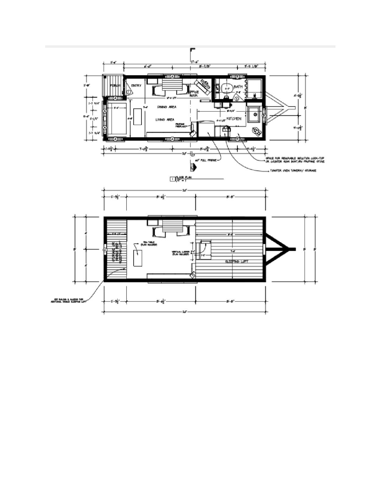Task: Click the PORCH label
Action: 115,86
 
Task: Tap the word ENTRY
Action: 136,85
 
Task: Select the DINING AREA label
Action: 167,107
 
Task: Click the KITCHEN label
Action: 234,119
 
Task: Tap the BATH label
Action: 238,86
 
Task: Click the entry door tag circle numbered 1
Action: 129,91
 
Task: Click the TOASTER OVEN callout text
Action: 293,171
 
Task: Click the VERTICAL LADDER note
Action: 181,253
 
